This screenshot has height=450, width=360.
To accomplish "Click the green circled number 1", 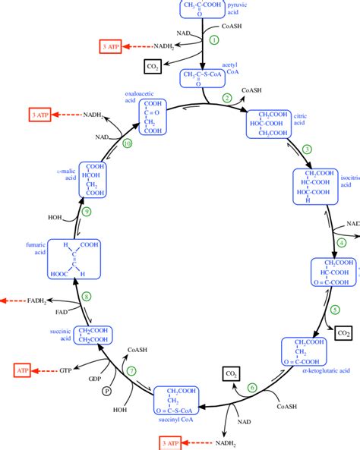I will point(213,39).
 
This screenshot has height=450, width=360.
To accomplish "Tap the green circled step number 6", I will point(253,388).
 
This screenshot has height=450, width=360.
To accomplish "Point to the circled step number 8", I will point(87,297).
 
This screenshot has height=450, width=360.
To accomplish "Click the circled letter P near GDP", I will point(107,391).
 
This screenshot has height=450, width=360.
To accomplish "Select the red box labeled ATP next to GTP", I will point(23,370).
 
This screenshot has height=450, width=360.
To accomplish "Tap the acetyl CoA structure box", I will point(201,78).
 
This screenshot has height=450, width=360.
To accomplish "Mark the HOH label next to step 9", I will point(55,217).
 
